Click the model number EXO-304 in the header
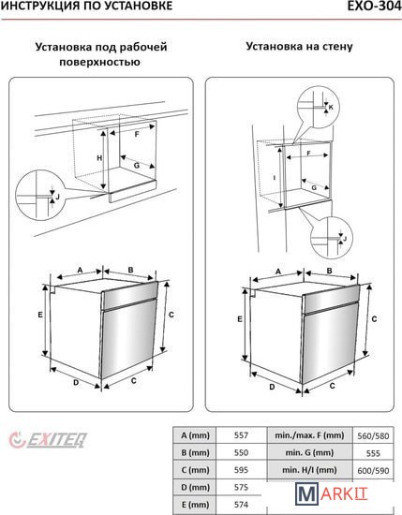(375, 6)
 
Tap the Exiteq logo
(48, 440)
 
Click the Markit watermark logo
(332, 493)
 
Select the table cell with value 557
(241, 435)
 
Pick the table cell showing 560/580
(373, 435)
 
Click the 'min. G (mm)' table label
(309, 452)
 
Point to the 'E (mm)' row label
(195, 504)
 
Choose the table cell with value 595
(241, 470)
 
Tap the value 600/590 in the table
(373, 470)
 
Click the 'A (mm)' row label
(195, 435)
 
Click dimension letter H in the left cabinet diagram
(99, 158)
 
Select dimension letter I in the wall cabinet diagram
(275, 178)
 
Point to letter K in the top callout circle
(331, 107)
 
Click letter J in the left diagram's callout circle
(57, 197)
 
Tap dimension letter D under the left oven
(76, 382)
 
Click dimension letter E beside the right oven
(240, 319)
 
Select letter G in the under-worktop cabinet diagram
(137, 166)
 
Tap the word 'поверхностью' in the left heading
(100, 62)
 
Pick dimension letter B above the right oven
(329, 271)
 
